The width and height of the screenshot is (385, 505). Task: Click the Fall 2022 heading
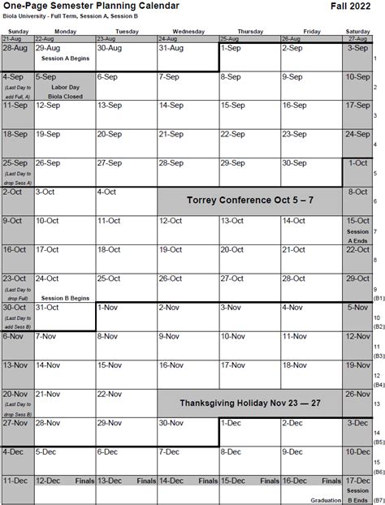click(x=353, y=6)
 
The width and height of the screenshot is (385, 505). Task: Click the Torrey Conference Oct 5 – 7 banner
click(x=249, y=199)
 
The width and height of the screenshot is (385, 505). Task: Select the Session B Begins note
click(x=65, y=297)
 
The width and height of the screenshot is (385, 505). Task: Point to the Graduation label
click(x=324, y=501)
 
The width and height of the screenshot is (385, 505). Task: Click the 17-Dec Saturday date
click(x=358, y=481)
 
